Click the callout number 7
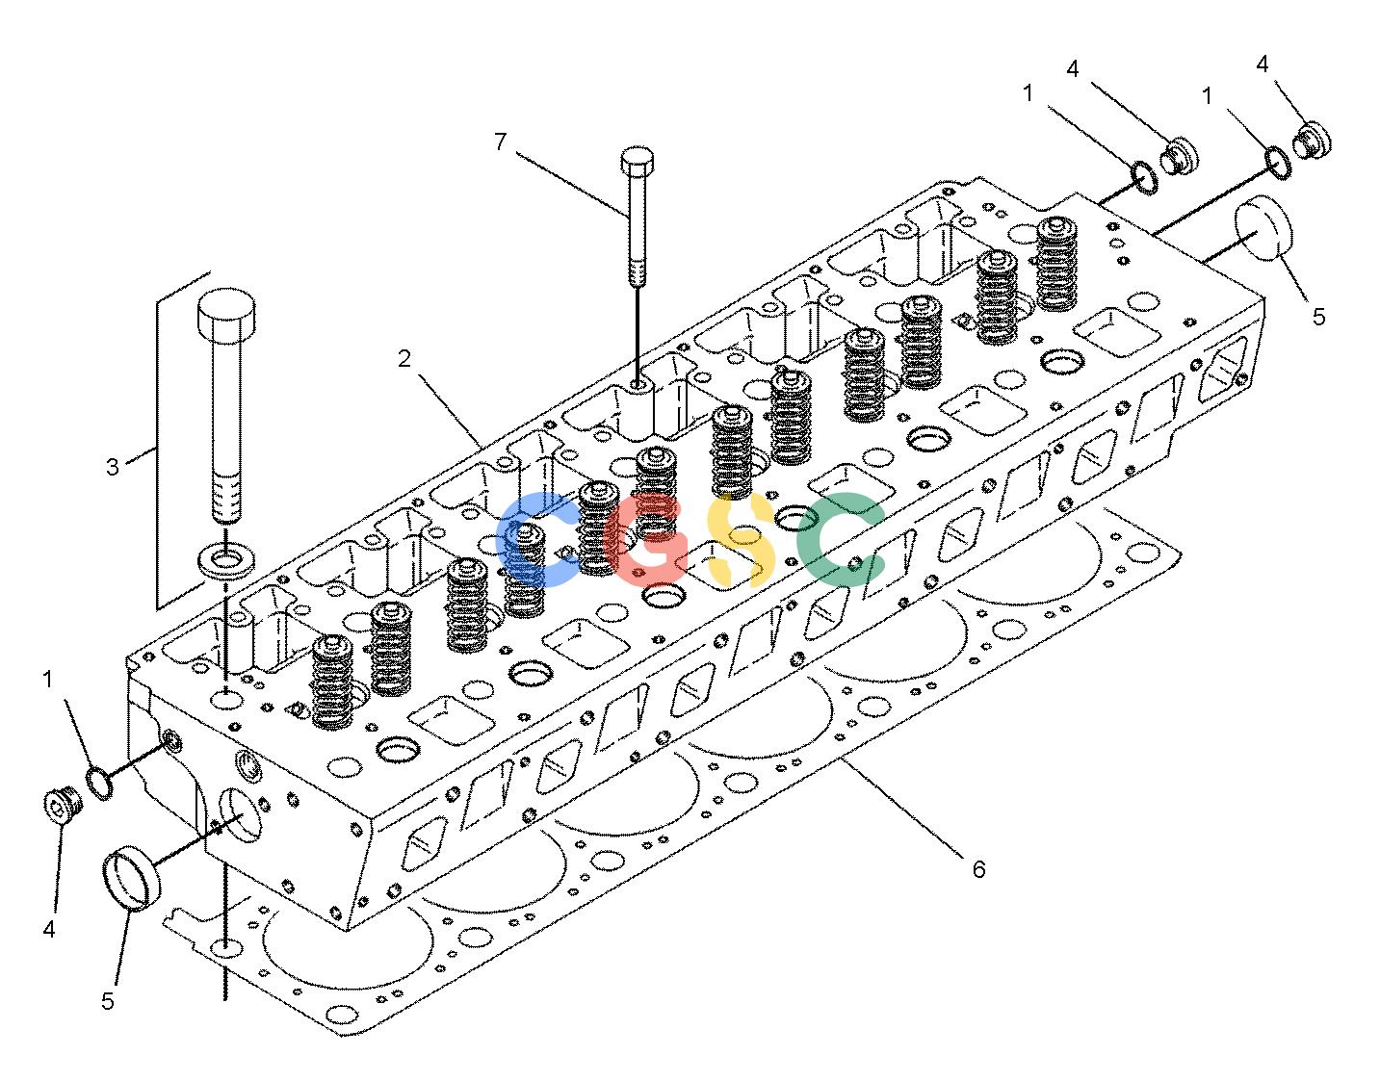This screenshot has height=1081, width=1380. pos(501,142)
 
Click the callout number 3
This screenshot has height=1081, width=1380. pos(112,467)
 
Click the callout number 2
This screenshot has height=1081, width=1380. pos(404,359)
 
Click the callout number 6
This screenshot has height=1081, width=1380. pos(978,869)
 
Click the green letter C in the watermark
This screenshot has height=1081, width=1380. pos(843,540)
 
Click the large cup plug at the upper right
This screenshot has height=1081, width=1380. pos(1263,228)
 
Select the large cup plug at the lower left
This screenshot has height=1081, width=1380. pos(131,879)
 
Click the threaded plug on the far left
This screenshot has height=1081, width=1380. pos(63,806)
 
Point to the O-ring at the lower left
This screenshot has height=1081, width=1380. pos(100,784)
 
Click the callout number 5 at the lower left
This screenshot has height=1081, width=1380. pos(107,1002)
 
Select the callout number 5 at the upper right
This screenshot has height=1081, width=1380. pos(1319,318)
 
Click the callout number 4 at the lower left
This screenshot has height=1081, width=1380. pos(49,930)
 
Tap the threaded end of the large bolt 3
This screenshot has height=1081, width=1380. pos(226,498)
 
